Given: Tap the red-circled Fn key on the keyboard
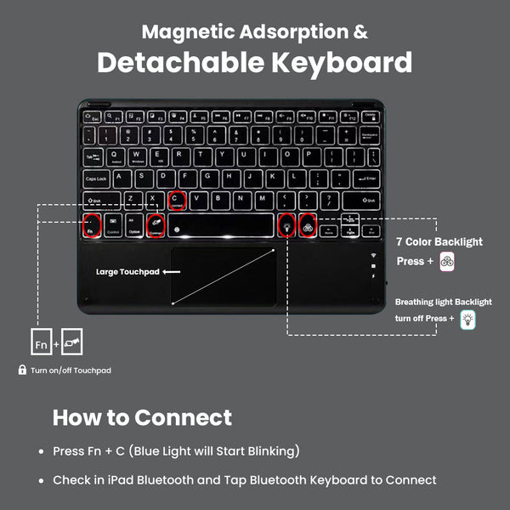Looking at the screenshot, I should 91,227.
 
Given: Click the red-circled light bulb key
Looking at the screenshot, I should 286,226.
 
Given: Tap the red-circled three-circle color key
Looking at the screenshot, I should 308,226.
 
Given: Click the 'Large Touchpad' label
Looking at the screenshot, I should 127,273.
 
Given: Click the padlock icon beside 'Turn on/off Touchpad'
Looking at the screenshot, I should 22,371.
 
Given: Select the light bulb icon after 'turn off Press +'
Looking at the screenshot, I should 467,320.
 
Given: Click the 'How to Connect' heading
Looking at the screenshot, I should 142,417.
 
